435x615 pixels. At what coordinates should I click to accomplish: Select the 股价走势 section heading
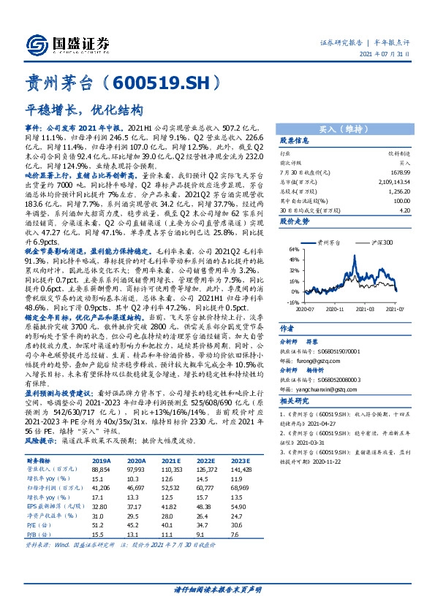point(296,219)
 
